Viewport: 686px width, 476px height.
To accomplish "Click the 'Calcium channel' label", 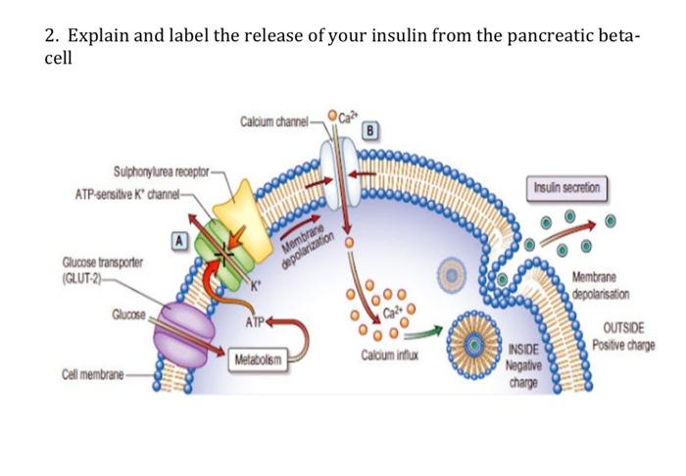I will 272,122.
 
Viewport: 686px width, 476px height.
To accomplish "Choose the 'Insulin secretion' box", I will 567,187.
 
